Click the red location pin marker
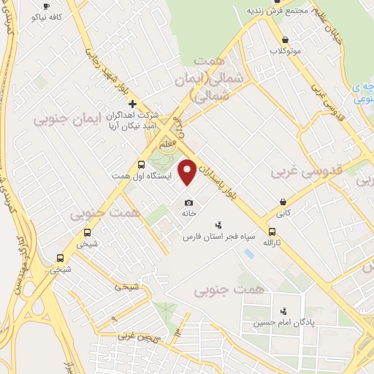coord(188,171)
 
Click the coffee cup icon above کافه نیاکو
coord(47,5)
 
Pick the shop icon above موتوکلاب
coord(285,40)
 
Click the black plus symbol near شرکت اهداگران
coord(131,104)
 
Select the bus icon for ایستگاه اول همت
coord(141,165)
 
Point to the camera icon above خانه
coord(189,202)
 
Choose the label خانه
coord(189,213)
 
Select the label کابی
coord(283,213)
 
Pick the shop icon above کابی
coord(283,202)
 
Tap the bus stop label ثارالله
coord(272,241)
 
